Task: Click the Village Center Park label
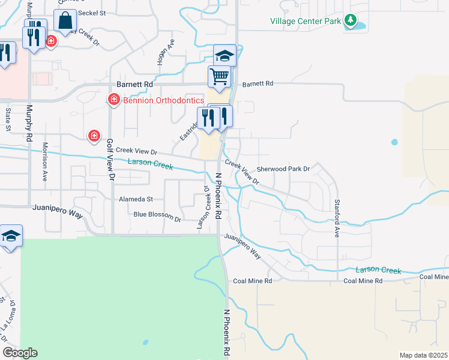pyautogui.click(x=305, y=21)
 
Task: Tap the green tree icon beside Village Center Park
pyautogui.click(x=350, y=22)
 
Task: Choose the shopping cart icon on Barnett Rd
pyautogui.click(x=220, y=76)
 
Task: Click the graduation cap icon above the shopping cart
pyautogui.click(x=224, y=56)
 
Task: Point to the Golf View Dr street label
pyautogui.click(x=110, y=160)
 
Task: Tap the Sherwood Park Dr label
pyautogui.click(x=283, y=169)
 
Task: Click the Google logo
pyautogui.click(x=20, y=353)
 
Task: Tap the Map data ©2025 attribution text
pyautogui.click(x=424, y=355)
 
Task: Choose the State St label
pyautogui.click(x=8, y=119)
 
